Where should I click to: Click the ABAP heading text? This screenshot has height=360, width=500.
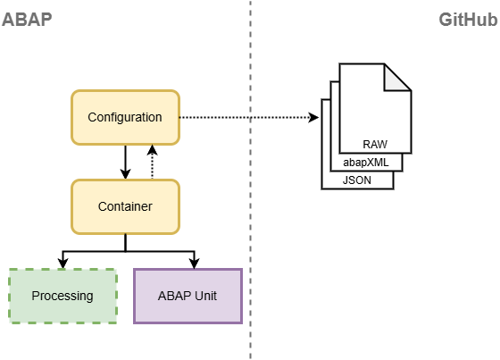point(27,20)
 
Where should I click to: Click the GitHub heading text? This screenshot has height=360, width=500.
point(468,20)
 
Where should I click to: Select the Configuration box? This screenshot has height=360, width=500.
point(125,117)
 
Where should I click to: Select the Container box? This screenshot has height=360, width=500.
point(125,207)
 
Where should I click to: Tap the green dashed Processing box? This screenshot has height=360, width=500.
point(62,297)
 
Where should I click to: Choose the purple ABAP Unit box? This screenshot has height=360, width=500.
point(187,297)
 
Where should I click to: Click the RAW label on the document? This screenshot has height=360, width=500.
point(375,144)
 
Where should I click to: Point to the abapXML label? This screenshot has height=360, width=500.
point(366,163)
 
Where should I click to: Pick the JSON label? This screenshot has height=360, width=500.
point(357,180)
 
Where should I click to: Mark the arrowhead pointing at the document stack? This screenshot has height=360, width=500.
point(313,117)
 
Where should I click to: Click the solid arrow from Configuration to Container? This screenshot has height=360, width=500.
point(125,162)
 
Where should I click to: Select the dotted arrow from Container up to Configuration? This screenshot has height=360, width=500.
point(152,162)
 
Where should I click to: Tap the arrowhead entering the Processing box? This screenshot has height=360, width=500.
point(62,264)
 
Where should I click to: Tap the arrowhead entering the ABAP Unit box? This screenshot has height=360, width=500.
point(195,264)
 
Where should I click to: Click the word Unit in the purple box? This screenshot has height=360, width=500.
point(206,296)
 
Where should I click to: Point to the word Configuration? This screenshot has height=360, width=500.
point(125,117)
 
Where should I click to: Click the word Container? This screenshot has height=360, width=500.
point(125,206)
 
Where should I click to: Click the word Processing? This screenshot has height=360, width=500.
point(62,297)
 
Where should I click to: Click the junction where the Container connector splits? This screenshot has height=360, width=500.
point(125,252)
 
